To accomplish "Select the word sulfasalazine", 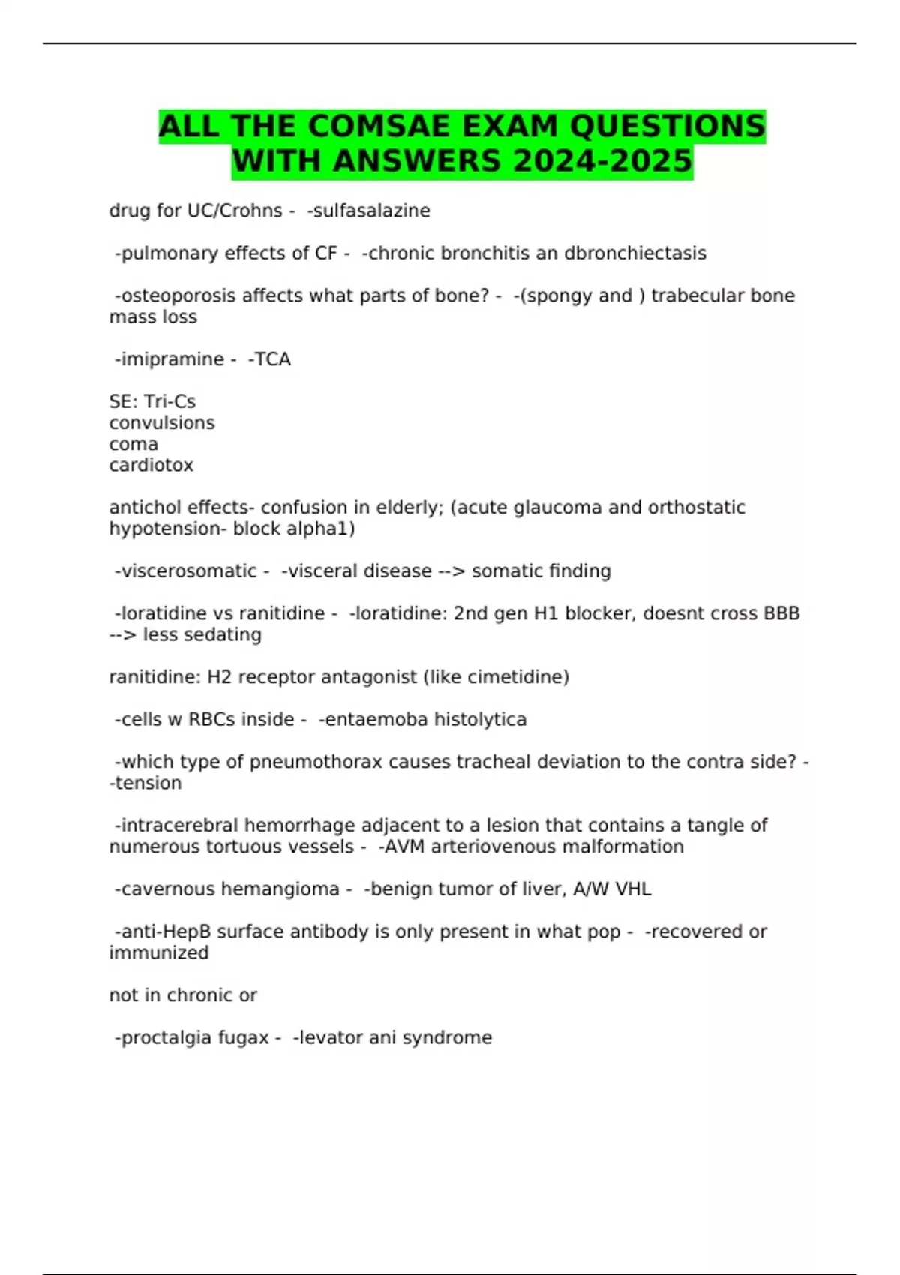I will tap(371, 211).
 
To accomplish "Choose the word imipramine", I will tap(172, 359).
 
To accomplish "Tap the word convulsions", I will tap(162, 423).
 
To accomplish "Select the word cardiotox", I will tap(151, 466).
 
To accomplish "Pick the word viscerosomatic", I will tap(189, 571).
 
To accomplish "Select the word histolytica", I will tap(480, 720).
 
